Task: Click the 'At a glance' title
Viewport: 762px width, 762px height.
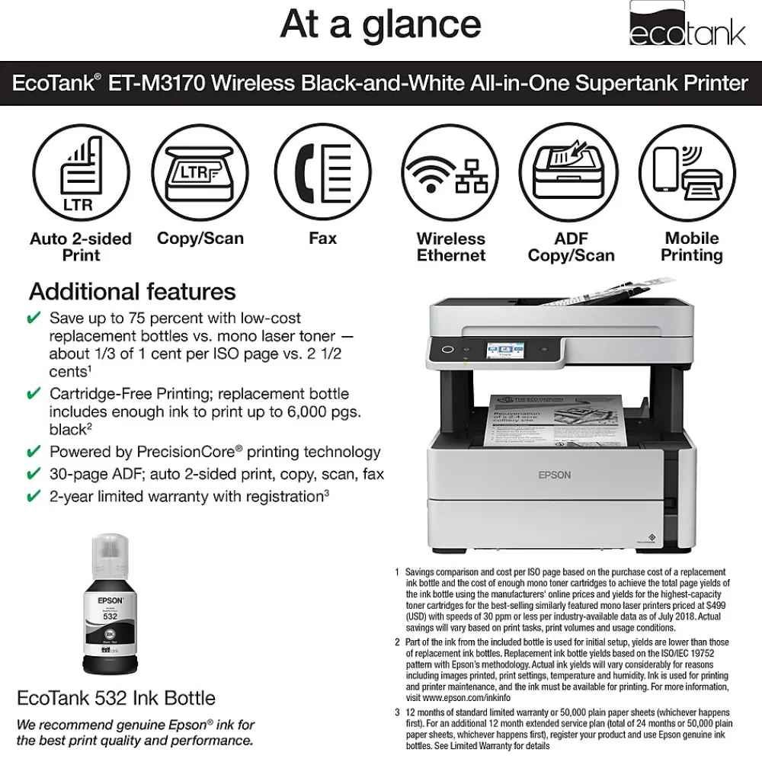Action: pyautogui.click(x=380, y=24)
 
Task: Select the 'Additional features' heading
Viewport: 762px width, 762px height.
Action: pyautogui.click(x=133, y=292)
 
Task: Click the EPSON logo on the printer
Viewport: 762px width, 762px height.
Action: pyautogui.click(x=554, y=475)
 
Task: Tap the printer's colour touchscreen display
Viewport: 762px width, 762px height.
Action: pyautogui.click(x=506, y=351)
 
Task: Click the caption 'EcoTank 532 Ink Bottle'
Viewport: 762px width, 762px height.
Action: pyautogui.click(x=116, y=698)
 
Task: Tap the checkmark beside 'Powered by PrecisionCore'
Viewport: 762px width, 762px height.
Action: pyautogui.click(x=34, y=452)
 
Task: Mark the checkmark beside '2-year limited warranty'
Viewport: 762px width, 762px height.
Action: pyautogui.click(x=34, y=497)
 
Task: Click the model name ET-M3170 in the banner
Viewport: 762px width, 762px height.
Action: pyautogui.click(x=156, y=82)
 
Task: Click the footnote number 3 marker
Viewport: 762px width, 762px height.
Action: pyautogui.click(x=397, y=713)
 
